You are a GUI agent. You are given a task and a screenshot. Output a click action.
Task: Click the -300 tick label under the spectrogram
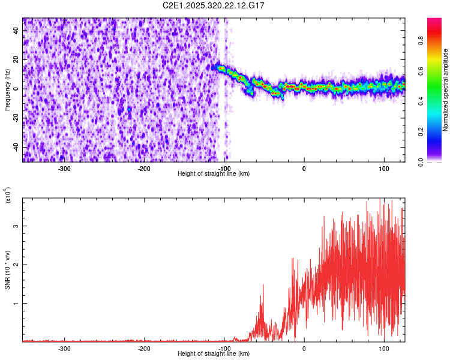(64, 169)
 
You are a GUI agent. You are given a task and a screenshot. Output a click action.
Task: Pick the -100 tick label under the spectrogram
(224, 169)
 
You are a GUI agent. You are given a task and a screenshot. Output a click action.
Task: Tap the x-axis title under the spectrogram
(214, 173)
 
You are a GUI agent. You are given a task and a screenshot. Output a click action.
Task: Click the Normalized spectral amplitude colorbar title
(445, 90)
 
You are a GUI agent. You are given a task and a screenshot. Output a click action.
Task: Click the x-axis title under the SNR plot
(214, 353)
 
